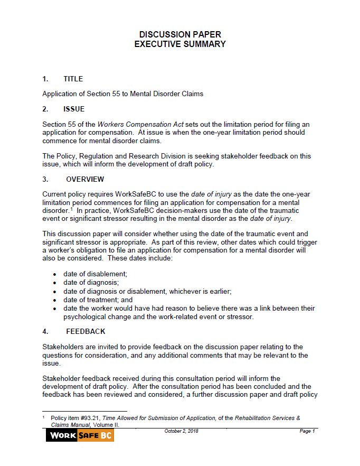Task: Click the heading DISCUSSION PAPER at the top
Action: tap(180, 34)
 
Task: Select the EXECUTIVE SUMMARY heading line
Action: tap(180, 44)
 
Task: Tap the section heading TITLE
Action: tap(73, 79)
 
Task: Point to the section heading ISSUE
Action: tap(73, 109)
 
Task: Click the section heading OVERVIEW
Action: tap(85, 179)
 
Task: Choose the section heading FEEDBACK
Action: tap(86, 331)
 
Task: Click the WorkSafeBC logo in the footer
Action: tap(80, 435)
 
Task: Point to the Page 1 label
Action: tap(307, 431)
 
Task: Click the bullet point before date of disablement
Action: tap(55, 274)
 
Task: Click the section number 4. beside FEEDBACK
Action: tap(45, 331)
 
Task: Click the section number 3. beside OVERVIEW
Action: tap(45, 179)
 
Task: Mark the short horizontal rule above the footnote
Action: tap(84, 411)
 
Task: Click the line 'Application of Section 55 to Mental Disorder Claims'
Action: tap(122, 94)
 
